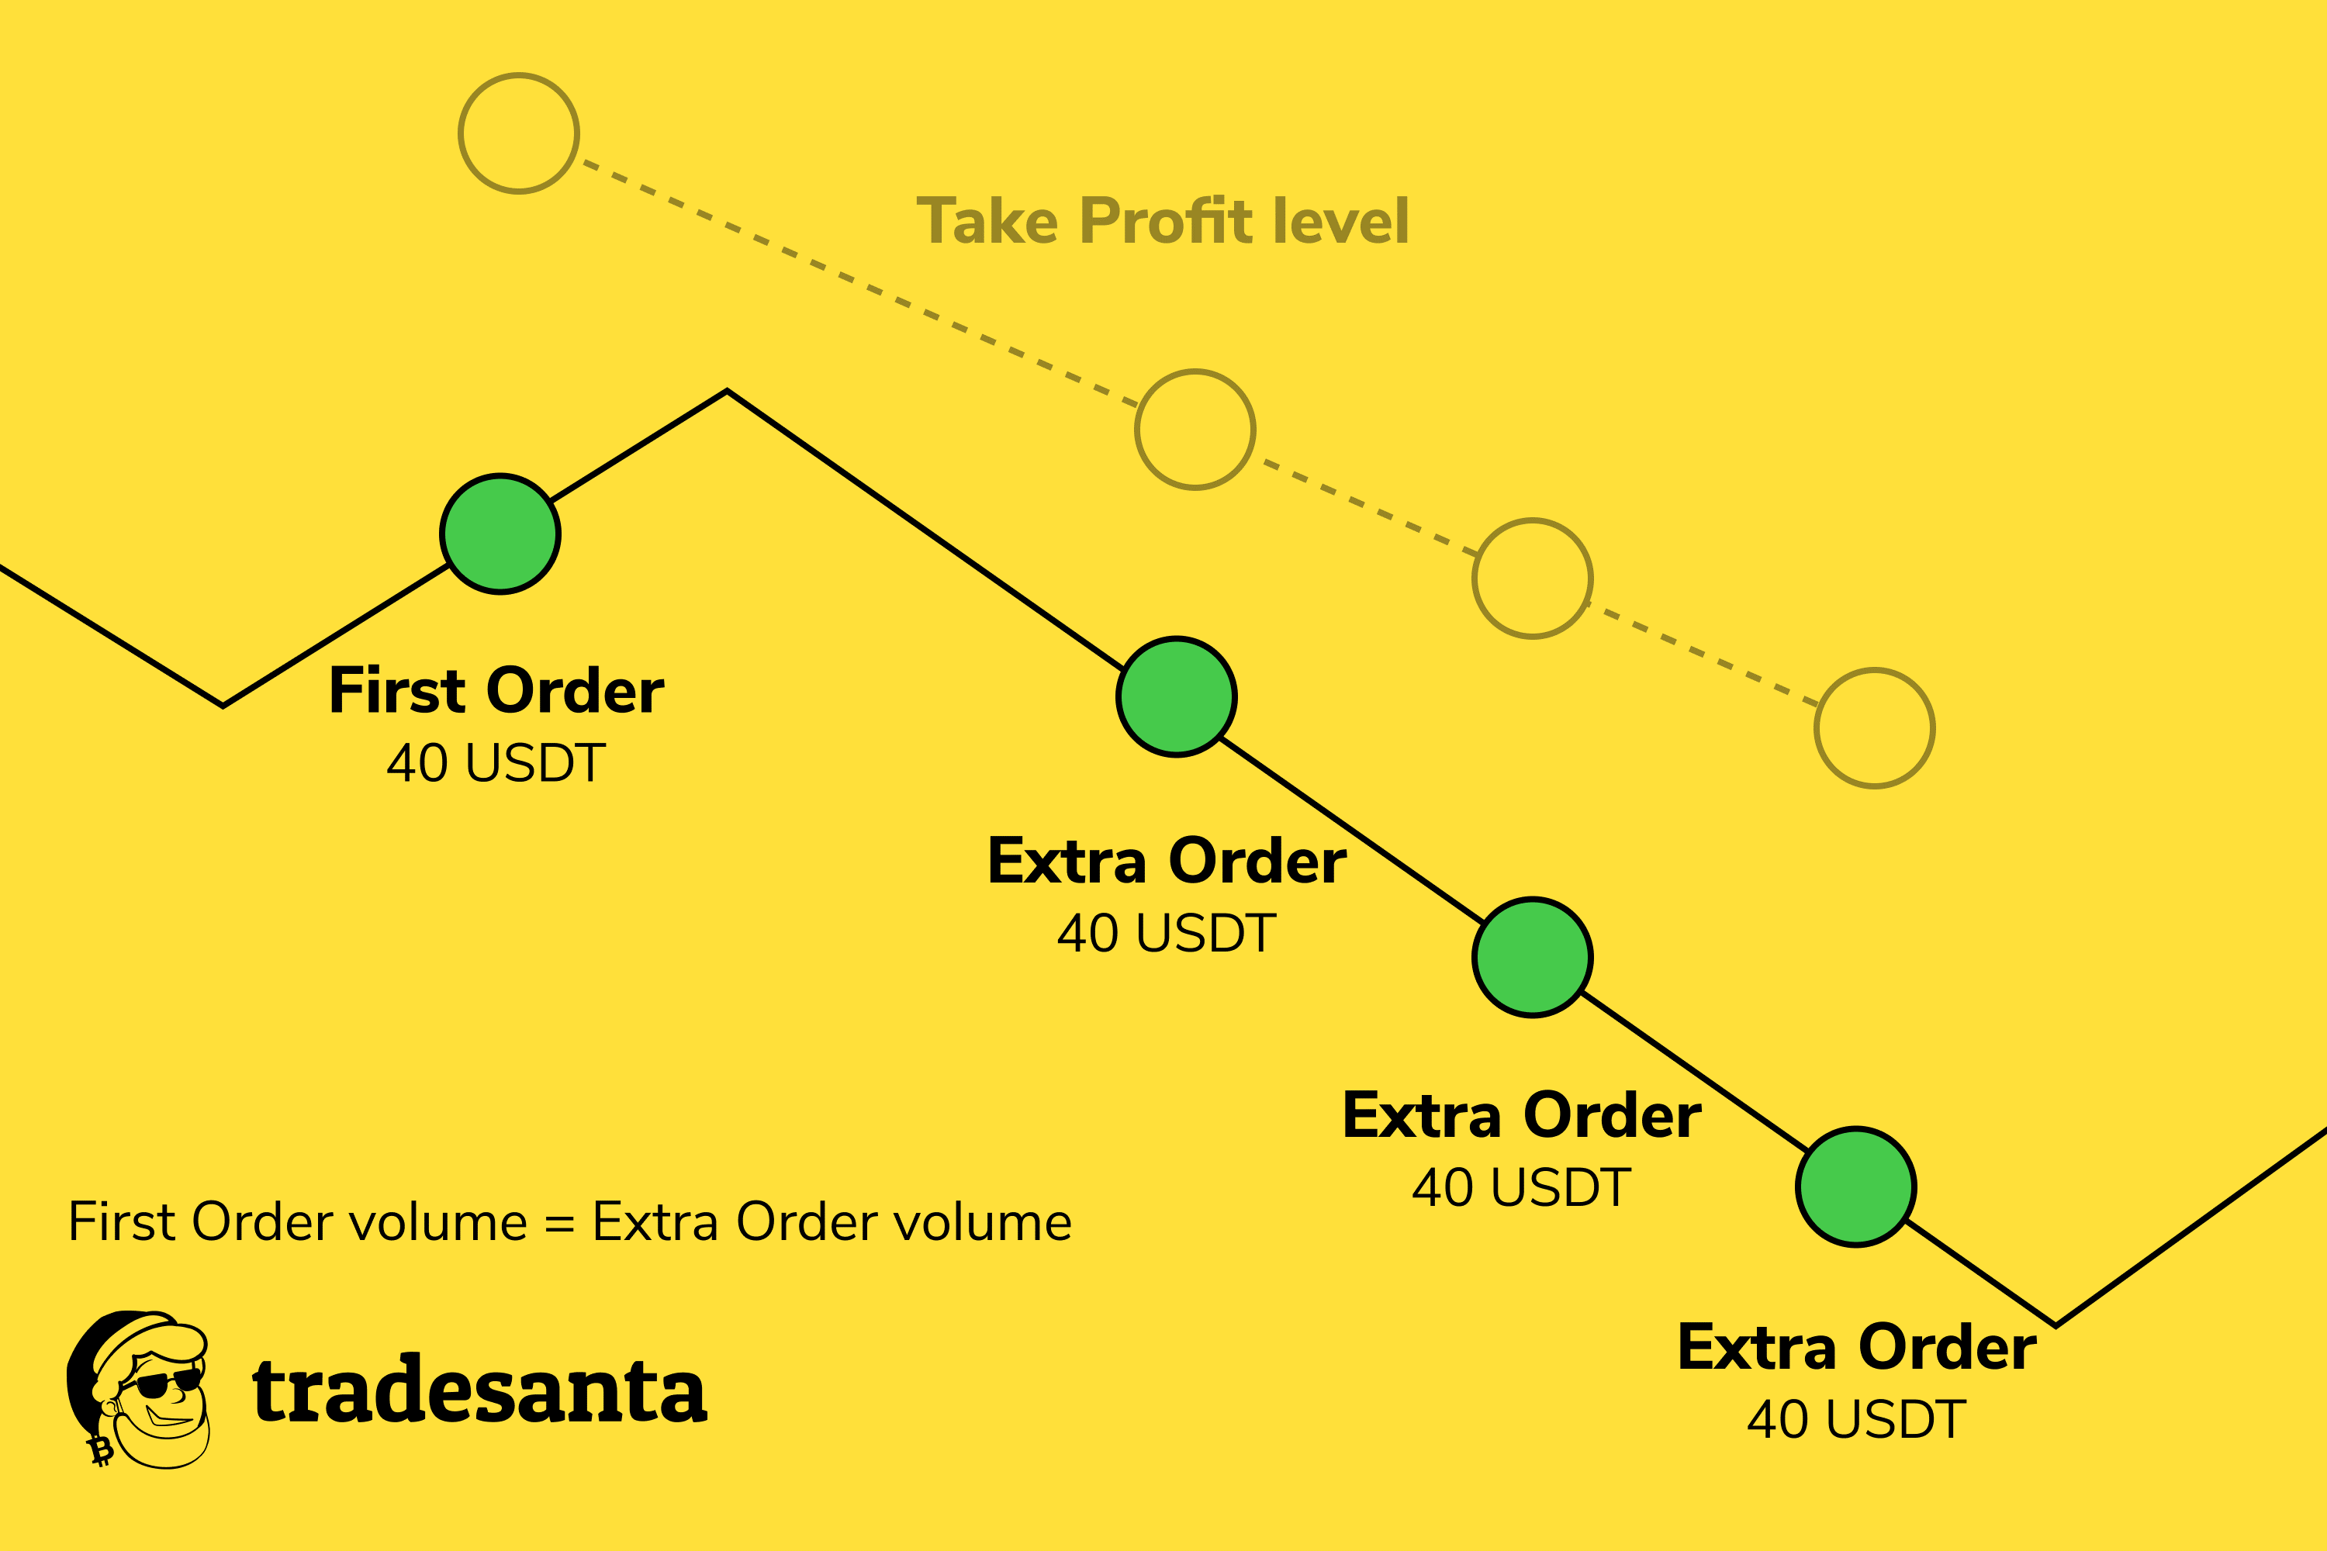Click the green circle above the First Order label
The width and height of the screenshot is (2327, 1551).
(500, 534)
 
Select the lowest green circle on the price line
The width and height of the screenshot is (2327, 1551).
(1856, 1187)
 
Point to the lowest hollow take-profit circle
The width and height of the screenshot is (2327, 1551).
(1875, 729)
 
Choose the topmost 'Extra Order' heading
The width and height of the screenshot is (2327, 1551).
(1167, 861)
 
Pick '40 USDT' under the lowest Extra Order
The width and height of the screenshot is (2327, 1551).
(1856, 1419)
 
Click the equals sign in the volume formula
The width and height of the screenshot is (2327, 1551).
(560, 1225)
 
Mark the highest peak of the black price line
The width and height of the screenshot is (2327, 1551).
(728, 392)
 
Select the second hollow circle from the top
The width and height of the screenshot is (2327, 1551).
(1195, 430)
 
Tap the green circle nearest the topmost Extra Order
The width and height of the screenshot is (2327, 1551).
(1177, 697)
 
